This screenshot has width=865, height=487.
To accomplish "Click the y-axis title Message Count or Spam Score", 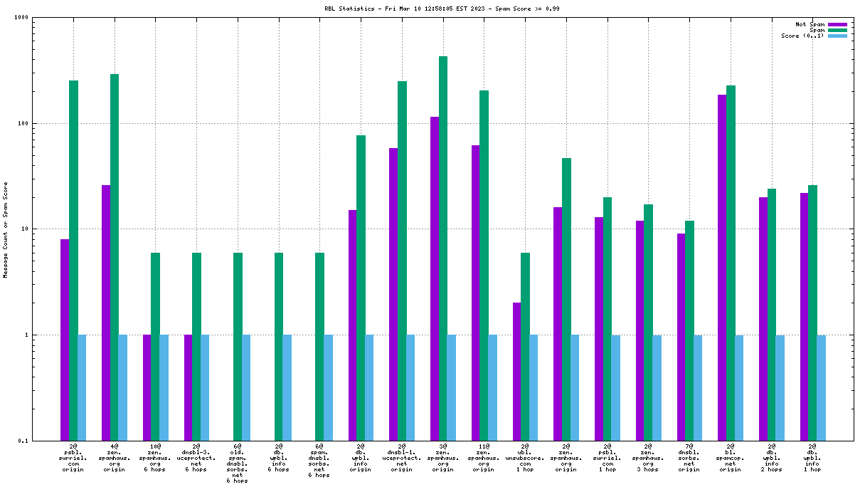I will (6, 229).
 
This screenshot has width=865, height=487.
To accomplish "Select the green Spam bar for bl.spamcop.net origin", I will (731, 263).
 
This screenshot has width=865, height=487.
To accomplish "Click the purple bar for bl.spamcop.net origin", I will (722, 267).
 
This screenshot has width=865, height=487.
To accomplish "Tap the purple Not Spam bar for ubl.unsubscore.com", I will (516, 371).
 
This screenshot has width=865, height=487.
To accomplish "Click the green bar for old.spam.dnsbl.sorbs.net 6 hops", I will (238, 346).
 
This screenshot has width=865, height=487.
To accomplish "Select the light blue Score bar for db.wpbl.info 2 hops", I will (780, 387).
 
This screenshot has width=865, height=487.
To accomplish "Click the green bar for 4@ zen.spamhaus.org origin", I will (115, 257).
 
